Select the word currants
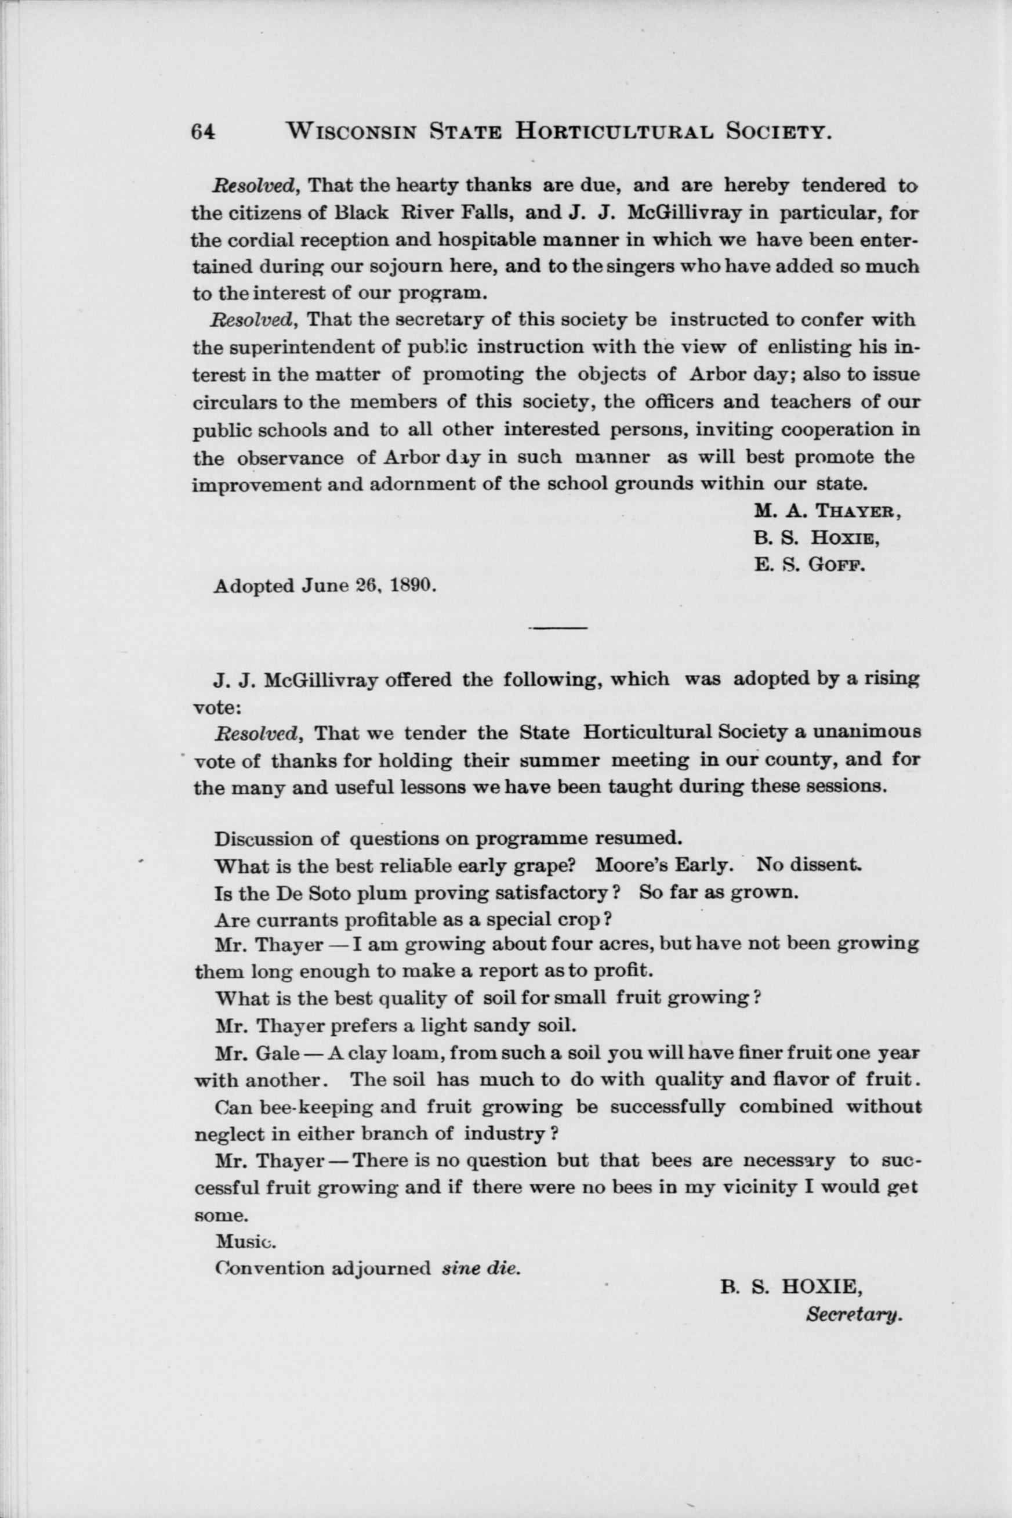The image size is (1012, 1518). pyautogui.click(x=291, y=921)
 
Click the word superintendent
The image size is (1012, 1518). pyautogui.click(x=302, y=348)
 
